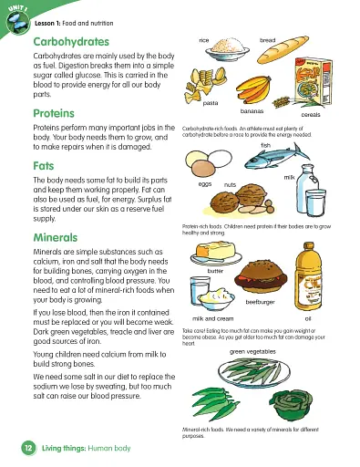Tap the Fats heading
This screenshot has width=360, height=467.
44,168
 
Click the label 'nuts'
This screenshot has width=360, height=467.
230,184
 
